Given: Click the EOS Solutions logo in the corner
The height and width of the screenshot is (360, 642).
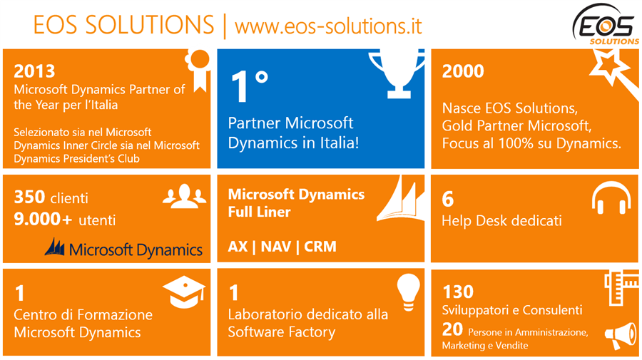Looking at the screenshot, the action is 605,24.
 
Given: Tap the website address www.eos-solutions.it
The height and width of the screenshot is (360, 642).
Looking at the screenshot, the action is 328,26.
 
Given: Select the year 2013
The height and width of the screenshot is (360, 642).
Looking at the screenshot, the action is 34,71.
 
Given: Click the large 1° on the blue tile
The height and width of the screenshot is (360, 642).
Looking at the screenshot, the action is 249,86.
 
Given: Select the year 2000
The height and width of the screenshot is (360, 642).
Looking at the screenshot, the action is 463,71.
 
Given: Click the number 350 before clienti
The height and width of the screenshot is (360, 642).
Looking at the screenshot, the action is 29,197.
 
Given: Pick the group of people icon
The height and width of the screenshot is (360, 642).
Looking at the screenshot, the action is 185,196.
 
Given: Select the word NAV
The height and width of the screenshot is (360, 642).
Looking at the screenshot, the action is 275,247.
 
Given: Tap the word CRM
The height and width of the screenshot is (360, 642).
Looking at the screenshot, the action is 320,247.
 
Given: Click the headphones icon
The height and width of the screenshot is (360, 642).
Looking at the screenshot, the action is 611,197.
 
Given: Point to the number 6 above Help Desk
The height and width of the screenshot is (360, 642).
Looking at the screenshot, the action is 447,199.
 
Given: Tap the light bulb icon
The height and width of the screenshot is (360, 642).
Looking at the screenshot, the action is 408,292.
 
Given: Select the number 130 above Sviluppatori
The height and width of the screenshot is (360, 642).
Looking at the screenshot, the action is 458,292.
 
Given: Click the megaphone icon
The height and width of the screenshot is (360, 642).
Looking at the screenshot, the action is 621,336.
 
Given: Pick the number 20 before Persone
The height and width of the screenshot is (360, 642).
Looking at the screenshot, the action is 452,329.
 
